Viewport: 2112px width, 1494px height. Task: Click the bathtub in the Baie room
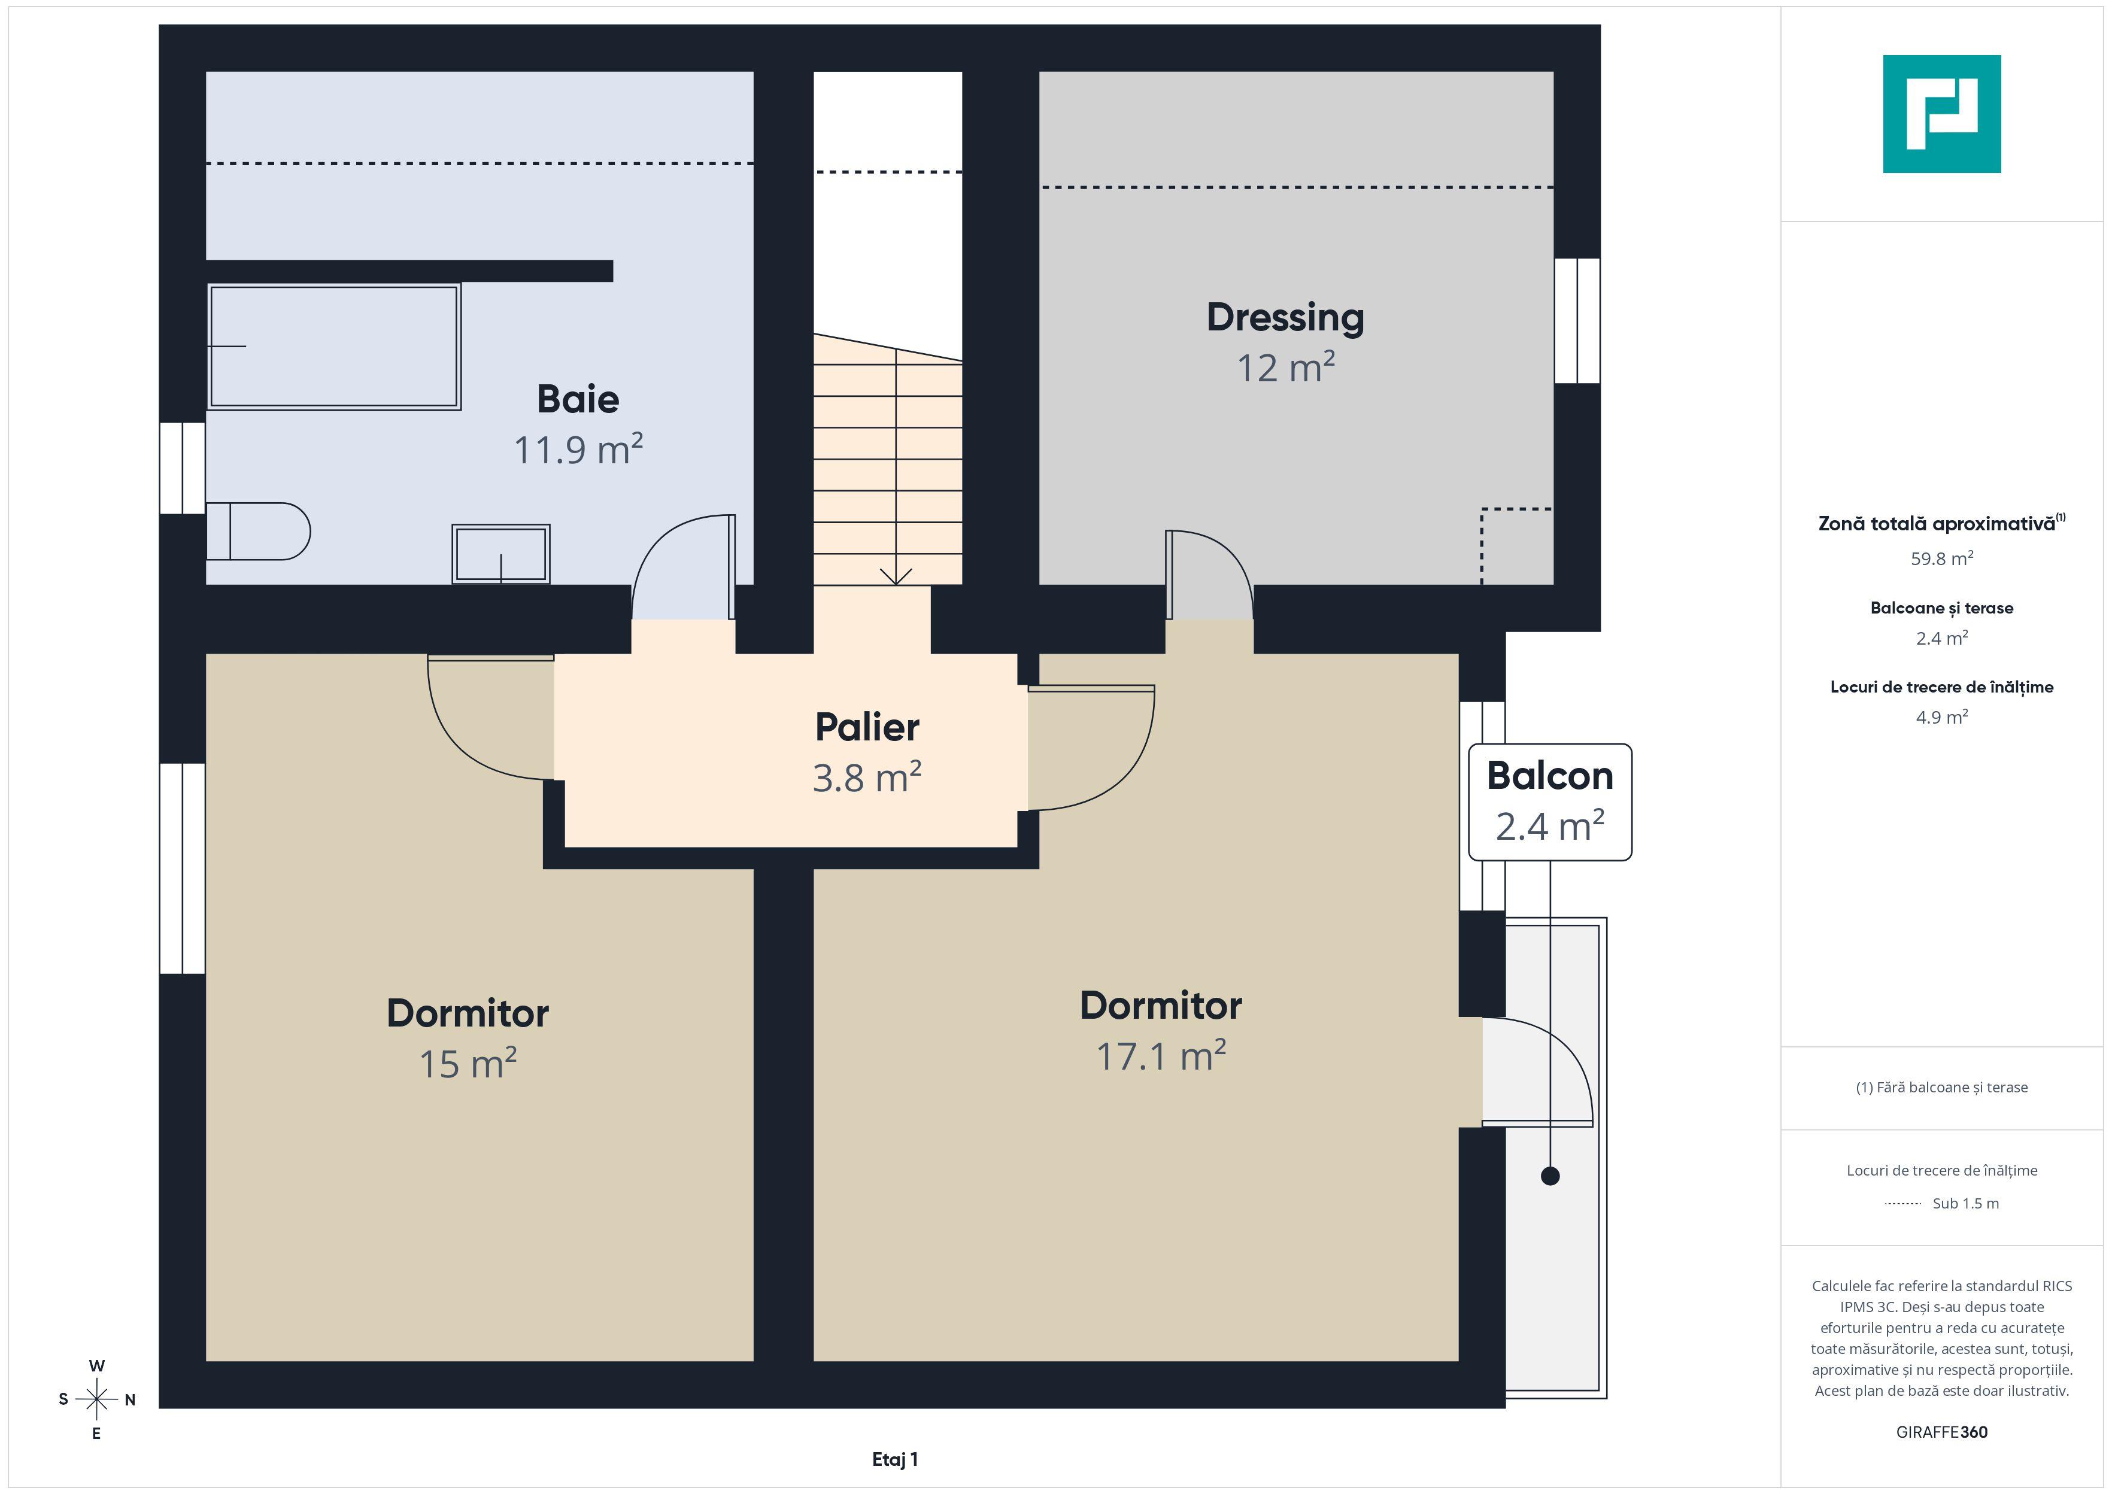tap(334, 346)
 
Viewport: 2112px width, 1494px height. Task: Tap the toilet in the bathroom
tap(257, 531)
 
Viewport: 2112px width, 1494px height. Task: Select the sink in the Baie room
tap(500, 554)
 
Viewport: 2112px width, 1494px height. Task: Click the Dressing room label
tap(1285, 317)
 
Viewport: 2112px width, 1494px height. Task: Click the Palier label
tap(866, 727)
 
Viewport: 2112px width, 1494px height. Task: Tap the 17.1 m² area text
tap(1160, 1055)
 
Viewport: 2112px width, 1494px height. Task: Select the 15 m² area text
tap(468, 1064)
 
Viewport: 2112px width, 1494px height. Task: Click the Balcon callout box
tap(1550, 802)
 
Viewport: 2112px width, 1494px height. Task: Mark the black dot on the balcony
tap(1550, 1176)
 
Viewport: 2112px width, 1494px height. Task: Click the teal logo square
tap(1942, 114)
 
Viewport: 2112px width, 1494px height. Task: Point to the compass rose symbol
tap(96, 1399)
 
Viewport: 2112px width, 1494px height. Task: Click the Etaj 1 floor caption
tap(895, 1459)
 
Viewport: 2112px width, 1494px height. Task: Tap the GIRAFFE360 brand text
tap(1942, 1432)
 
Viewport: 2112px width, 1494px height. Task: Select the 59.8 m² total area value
tap(1942, 558)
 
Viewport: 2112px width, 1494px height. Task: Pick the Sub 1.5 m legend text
tap(1966, 1203)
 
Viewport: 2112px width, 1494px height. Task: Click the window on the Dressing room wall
tap(1577, 320)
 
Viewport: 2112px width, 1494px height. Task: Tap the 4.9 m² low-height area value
tap(1942, 716)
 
